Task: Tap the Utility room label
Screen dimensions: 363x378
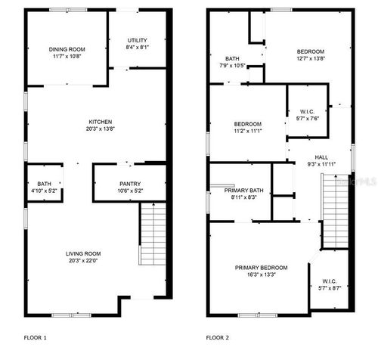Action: pos(137,40)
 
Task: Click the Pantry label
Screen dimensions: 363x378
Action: pos(130,184)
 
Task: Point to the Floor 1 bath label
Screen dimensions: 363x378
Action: pos(45,184)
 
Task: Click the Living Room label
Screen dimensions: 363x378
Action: pos(83,253)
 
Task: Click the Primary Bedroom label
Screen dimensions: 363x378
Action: pos(261,268)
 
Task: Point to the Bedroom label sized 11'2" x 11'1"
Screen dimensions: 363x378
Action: pos(247,124)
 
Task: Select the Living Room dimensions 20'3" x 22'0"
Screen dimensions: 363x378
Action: pos(83,262)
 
